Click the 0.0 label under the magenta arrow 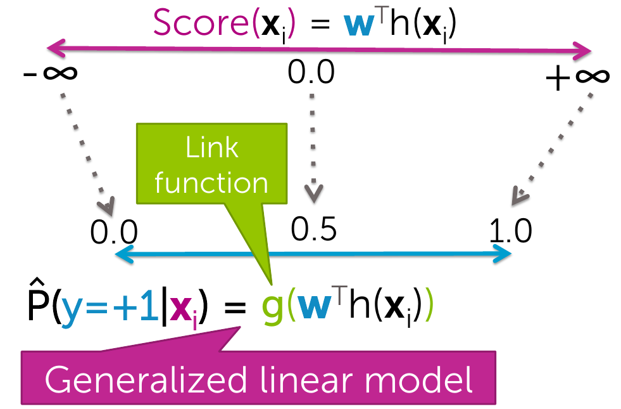click(311, 72)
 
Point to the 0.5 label click(314, 229)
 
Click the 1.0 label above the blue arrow click(510, 232)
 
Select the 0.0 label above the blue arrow click(114, 233)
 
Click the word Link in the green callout click(212, 148)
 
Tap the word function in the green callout click(212, 183)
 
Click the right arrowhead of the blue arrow click(505, 254)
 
